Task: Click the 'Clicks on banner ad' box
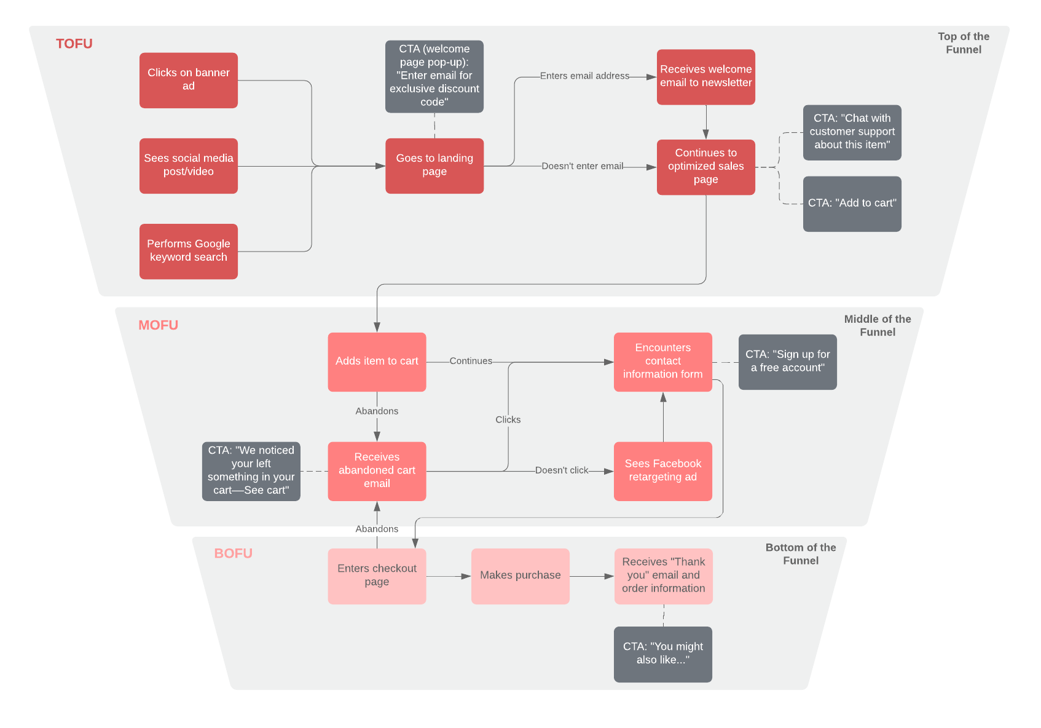coord(188,80)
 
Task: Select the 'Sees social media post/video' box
coord(188,165)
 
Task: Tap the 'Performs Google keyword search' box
coord(188,251)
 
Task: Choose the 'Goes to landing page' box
coord(434,165)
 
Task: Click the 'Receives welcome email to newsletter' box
coord(705,76)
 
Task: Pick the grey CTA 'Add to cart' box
coord(852,204)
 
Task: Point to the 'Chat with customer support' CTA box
coord(852,132)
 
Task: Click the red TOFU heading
coord(74,44)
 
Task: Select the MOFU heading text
coord(158,325)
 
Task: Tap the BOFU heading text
coord(233,553)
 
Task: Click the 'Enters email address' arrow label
coord(584,76)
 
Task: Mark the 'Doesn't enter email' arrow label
coord(582,166)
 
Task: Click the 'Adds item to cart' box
coord(376,362)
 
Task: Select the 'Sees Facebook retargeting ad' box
coord(662,471)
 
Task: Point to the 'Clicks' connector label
coord(508,419)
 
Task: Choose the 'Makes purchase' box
coord(520,576)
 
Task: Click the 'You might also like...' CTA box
coord(662,654)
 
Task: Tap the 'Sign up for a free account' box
coord(787,362)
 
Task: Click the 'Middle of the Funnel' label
coord(877,325)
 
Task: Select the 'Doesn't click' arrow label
coord(561,470)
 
